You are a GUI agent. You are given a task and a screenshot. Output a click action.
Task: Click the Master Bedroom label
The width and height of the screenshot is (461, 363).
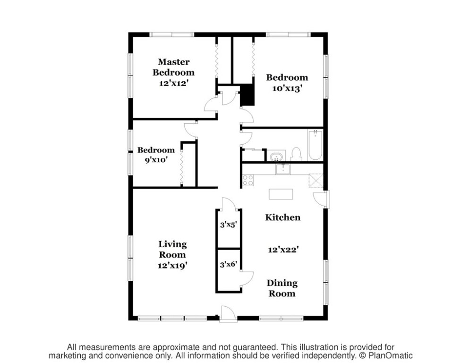(x=173, y=67)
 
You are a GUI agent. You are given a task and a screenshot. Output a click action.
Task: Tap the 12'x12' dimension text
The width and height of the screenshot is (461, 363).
(x=173, y=83)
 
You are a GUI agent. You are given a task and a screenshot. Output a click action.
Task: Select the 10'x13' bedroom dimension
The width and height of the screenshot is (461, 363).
(x=287, y=88)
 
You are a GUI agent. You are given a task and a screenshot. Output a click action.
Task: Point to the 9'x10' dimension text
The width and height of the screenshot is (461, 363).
(x=156, y=160)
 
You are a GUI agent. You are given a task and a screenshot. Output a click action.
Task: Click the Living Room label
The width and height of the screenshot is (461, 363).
(x=172, y=250)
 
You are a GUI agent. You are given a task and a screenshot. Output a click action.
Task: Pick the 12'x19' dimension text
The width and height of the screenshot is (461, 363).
(x=172, y=266)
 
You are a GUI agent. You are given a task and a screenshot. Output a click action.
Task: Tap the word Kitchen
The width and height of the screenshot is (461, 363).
(x=283, y=217)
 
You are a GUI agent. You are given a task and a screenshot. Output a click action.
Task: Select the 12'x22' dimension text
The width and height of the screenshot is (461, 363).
(x=283, y=250)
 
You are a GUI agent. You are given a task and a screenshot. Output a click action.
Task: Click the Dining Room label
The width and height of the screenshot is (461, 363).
(x=282, y=288)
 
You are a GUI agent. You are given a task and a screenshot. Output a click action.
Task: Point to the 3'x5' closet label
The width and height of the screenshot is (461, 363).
(x=229, y=225)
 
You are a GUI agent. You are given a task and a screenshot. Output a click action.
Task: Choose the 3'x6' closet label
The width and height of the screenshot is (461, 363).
(x=229, y=265)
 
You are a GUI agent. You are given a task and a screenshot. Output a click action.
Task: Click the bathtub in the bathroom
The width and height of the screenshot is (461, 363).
(x=315, y=145)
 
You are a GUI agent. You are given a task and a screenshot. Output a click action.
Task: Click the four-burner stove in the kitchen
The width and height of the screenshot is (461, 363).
(x=248, y=180)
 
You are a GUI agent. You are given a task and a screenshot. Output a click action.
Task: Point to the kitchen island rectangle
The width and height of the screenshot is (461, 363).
(x=281, y=194)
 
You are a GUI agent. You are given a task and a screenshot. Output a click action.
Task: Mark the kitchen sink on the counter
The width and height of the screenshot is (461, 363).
(x=283, y=169)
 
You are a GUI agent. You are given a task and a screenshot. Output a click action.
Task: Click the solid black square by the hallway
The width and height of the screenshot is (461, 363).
(x=247, y=95)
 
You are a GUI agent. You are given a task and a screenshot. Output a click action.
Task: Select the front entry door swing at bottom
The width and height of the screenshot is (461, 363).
(x=228, y=314)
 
